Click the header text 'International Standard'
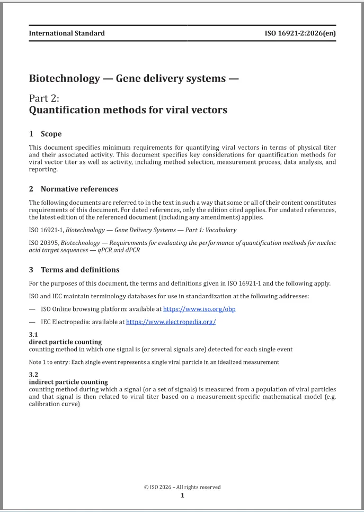67,33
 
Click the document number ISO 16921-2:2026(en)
300,33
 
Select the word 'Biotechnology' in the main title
64,79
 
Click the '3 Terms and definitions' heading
74,270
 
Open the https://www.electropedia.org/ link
171,322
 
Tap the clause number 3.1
33,335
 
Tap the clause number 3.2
33,374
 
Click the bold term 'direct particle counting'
65,342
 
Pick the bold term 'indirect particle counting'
68,382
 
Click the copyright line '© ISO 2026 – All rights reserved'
182,487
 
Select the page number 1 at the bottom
182,496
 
